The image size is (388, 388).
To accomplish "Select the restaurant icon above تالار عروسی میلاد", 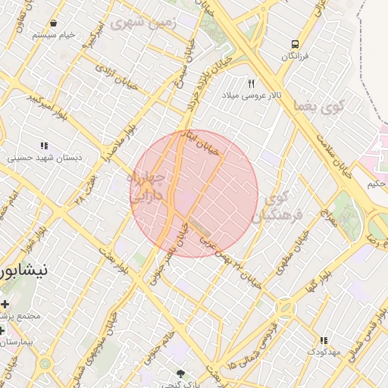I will (x=252, y=83).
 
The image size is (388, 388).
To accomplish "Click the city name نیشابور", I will (x=25, y=270).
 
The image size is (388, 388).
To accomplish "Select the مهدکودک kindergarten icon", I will (x=324, y=341).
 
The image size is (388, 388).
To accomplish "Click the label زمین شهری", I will (x=142, y=23).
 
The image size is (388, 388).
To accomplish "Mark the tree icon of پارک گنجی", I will (x=180, y=373).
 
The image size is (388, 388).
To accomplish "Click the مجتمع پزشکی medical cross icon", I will (x=5, y=304).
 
